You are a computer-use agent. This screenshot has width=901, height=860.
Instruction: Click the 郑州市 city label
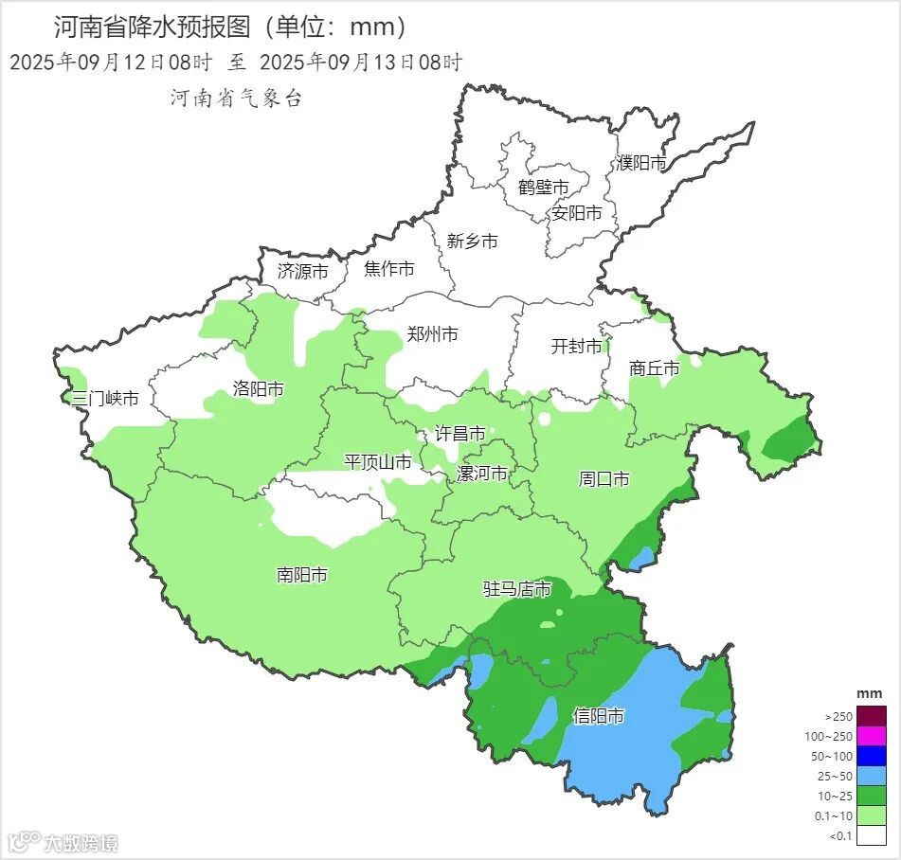pyautogui.click(x=432, y=334)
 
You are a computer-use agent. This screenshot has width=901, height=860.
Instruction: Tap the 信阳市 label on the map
pyautogui.click(x=599, y=716)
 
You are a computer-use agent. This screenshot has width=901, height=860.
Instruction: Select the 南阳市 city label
pyautogui.click(x=302, y=575)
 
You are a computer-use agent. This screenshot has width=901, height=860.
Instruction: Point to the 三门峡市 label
pyautogui.click(x=105, y=398)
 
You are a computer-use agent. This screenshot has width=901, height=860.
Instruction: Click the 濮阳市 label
pyautogui.click(x=641, y=163)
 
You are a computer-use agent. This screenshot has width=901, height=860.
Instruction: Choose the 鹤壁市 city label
pyautogui.click(x=543, y=188)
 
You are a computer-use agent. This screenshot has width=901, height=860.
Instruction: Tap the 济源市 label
pyautogui.click(x=302, y=271)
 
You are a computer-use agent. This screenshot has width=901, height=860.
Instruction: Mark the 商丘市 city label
pyautogui.click(x=655, y=368)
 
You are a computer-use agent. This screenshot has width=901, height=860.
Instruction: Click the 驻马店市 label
pyautogui.click(x=517, y=589)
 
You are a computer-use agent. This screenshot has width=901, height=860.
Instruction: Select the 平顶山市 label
pyautogui.click(x=377, y=462)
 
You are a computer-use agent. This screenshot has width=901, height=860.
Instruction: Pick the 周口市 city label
pyautogui.click(x=604, y=479)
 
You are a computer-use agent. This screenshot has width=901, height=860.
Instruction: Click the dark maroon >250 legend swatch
pyautogui.click(x=873, y=716)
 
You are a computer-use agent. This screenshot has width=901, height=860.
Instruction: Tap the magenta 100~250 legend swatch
pyautogui.click(x=873, y=736)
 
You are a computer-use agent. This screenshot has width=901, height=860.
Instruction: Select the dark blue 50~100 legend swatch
pyautogui.click(x=873, y=756)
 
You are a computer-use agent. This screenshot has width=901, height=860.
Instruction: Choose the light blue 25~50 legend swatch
pyautogui.click(x=873, y=776)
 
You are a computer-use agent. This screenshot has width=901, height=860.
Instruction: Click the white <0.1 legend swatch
pyautogui.click(x=873, y=834)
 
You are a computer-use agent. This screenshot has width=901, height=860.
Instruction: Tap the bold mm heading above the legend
pyautogui.click(x=869, y=694)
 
